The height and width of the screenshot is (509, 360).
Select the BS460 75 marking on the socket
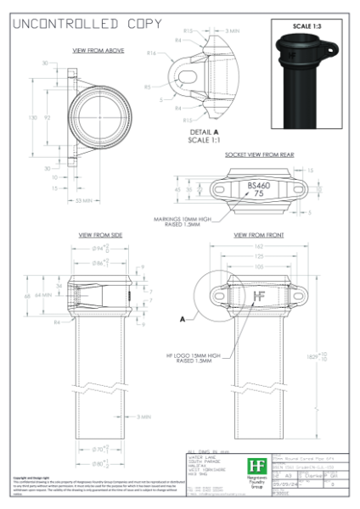pyautogui.click(x=256, y=188)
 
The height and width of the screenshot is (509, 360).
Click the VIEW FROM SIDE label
pyautogui.click(x=100, y=234)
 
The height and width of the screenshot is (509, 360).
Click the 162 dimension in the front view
pyautogui.click(x=258, y=245)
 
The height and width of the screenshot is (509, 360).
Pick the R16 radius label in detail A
pyautogui.click(x=149, y=53)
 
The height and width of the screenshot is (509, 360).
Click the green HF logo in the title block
pyautogui.click(x=256, y=465)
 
